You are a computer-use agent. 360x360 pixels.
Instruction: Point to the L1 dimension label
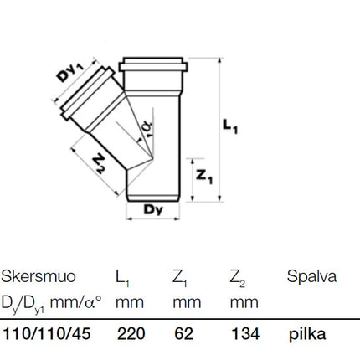[230, 126]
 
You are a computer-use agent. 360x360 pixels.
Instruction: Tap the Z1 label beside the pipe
[204, 177]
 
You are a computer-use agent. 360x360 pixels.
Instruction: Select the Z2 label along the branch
[100, 164]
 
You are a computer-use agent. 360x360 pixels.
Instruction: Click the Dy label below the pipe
[153, 209]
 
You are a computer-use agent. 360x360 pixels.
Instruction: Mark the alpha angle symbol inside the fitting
[147, 126]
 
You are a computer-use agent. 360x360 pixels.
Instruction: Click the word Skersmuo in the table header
[39, 276]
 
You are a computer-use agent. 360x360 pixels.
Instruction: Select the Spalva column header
[311, 277]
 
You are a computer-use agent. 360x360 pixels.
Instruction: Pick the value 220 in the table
[131, 333]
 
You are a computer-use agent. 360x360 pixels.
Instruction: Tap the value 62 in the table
[183, 333]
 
